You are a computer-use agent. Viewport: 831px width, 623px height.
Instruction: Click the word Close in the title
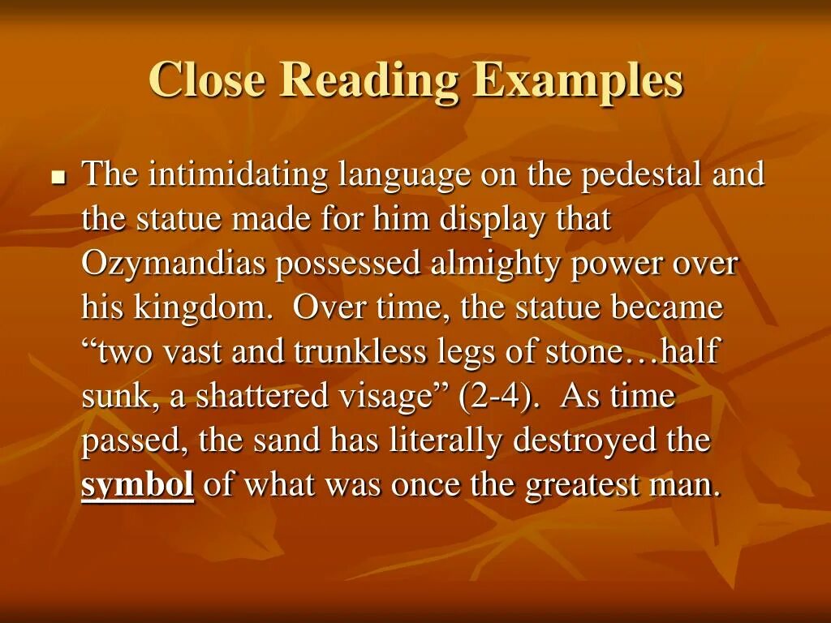(207, 80)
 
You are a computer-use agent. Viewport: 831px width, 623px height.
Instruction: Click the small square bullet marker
(58, 178)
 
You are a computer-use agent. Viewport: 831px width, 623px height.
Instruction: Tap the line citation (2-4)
(496, 397)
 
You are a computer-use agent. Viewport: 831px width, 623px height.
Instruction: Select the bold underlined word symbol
(138, 486)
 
